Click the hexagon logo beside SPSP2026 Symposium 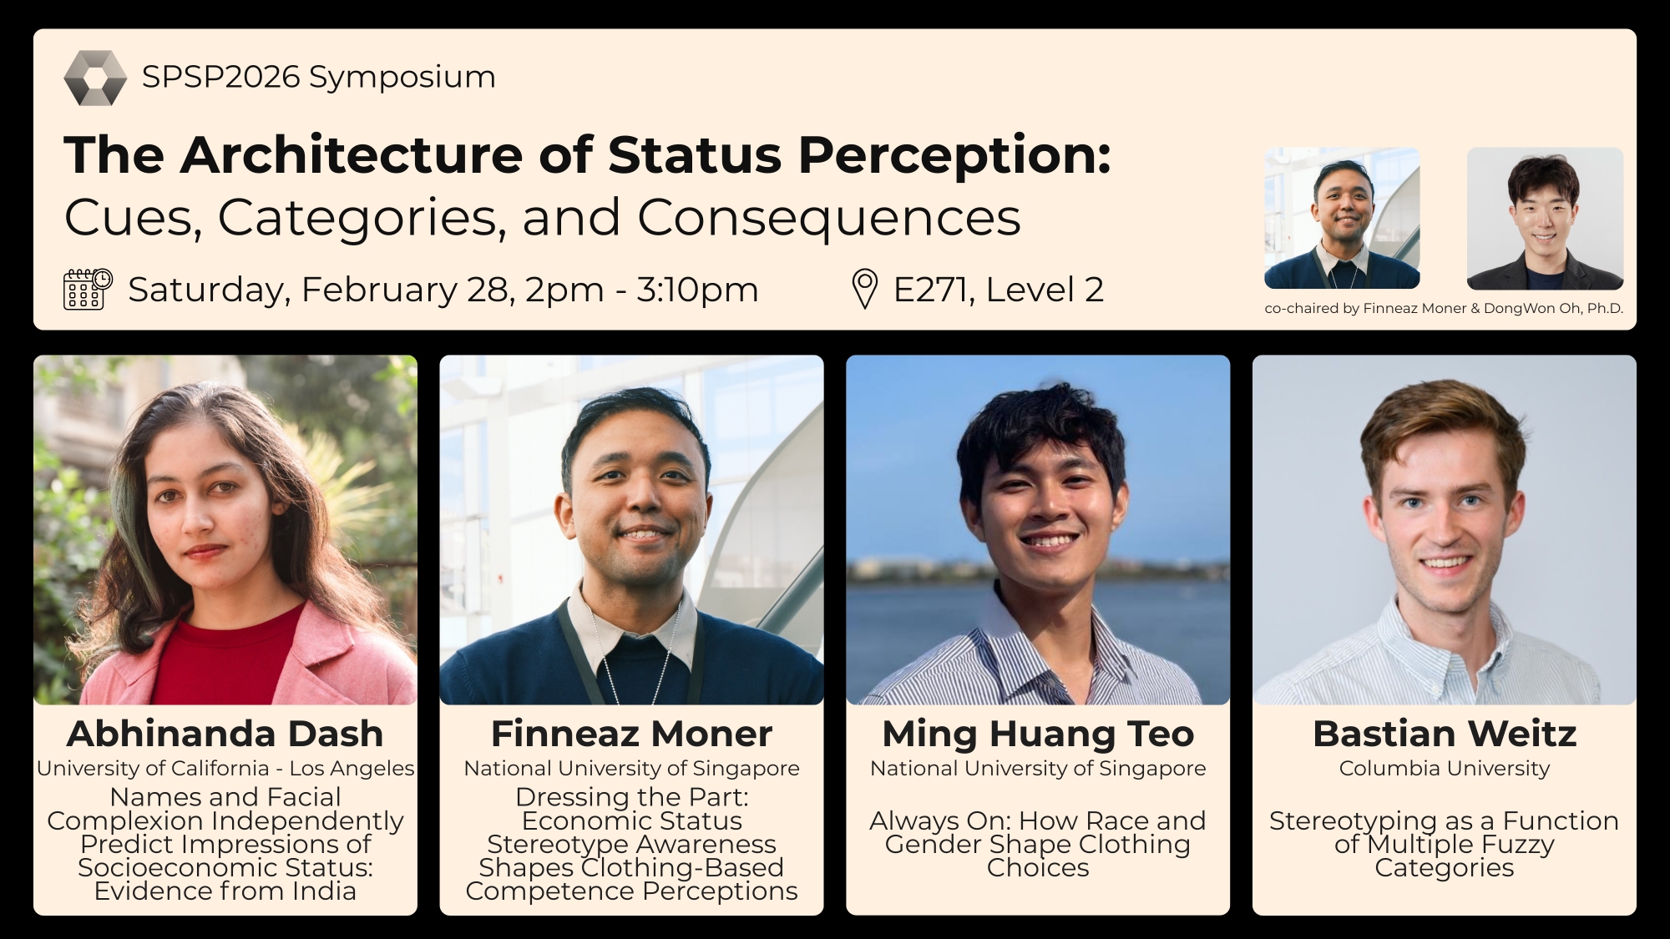coord(95,78)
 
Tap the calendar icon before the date coord(89,290)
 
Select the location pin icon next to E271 coord(864,290)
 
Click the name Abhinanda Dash coord(225,734)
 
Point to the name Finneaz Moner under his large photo coord(631,734)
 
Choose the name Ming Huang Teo coord(1038,734)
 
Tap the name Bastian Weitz coord(1445,734)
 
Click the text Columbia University coord(1445,768)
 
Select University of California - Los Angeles coord(225,768)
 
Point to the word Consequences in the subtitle coord(829,217)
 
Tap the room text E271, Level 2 coord(999,290)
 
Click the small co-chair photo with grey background coord(1545,219)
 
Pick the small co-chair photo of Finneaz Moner coord(1342,219)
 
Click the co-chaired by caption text coord(1444,308)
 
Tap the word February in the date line coord(379,290)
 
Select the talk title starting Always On coord(1038,844)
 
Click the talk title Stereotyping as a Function coord(1445,844)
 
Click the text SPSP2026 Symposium coord(319,77)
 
